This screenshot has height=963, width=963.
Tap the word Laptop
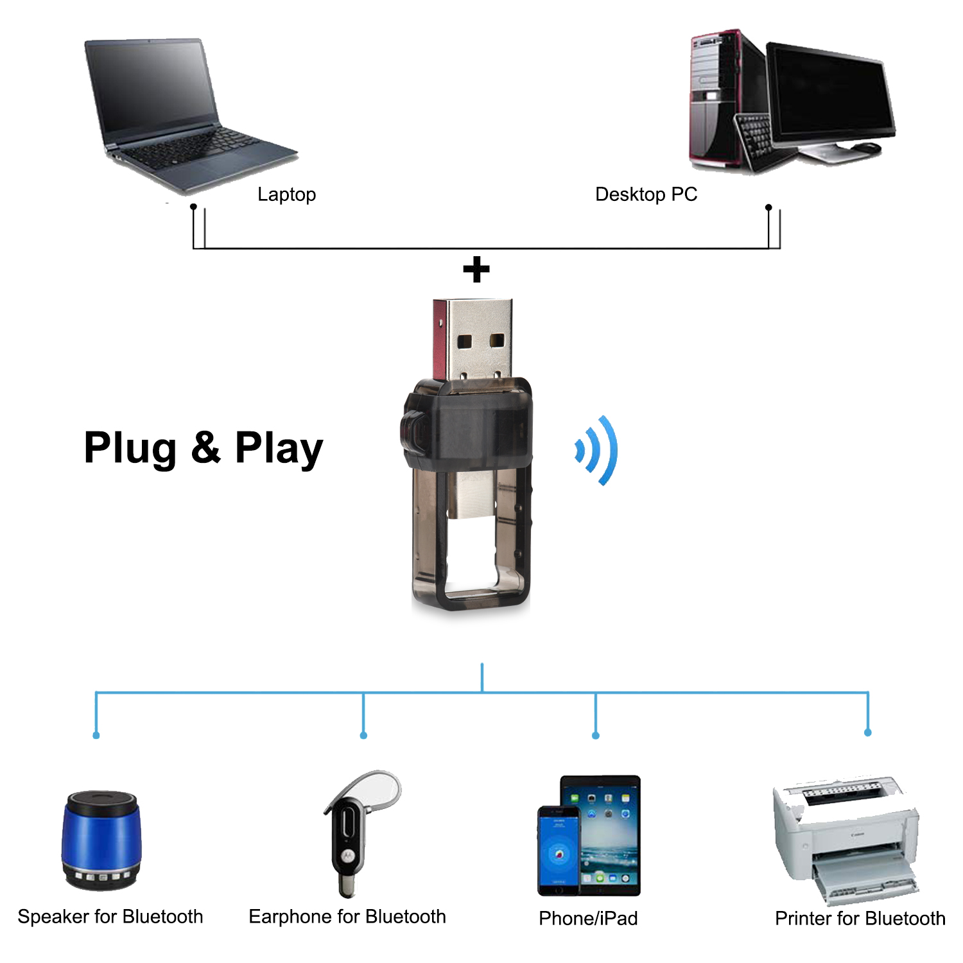point(286,194)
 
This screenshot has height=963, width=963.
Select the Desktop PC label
point(646,194)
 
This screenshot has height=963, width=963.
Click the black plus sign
point(476,270)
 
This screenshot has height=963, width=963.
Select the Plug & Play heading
point(204,447)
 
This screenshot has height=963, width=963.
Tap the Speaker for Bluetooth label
point(110,917)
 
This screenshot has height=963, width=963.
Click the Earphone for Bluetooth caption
point(347,917)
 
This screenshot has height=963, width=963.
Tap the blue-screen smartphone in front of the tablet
point(559,851)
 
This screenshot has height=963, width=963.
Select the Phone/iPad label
point(588,919)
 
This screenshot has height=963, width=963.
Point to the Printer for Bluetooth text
point(860,919)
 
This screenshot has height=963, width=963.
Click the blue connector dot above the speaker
point(96,735)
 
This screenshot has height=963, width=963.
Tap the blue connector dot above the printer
point(868,733)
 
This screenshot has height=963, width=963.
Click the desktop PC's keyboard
point(758,138)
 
